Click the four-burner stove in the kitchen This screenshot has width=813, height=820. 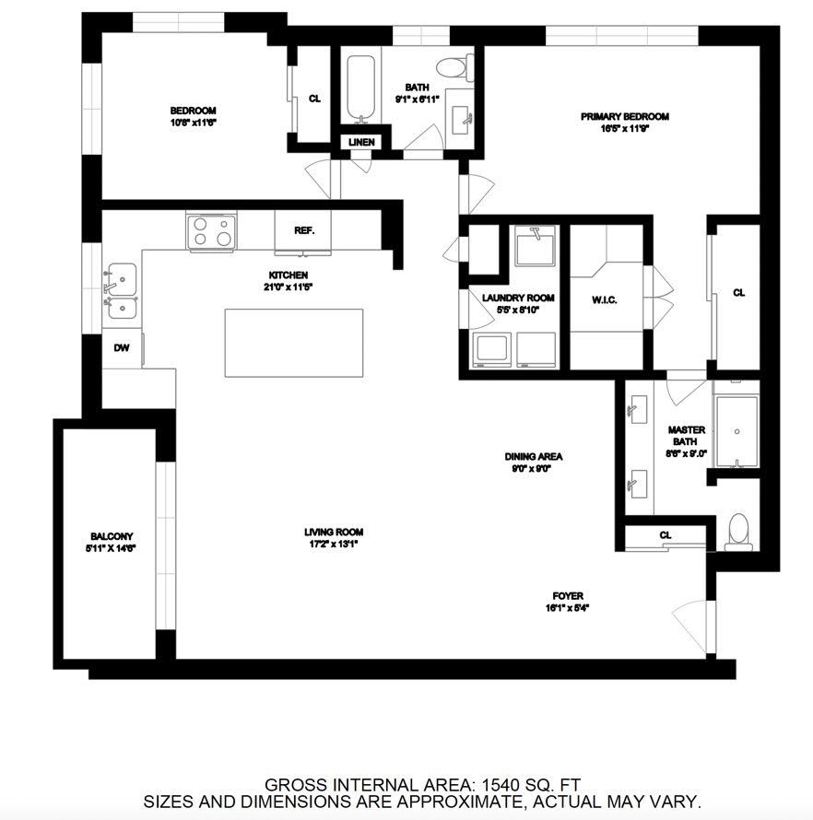point(211,231)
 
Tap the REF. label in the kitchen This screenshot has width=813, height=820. point(304,230)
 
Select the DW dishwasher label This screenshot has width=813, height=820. point(122,347)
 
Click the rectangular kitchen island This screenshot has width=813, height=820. point(293,342)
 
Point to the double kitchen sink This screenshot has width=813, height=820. point(121,291)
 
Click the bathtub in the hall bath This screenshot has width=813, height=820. point(361,89)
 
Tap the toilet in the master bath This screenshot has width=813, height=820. point(738,532)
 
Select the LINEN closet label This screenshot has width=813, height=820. point(361,142)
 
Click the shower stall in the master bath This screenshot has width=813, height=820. point(736,431)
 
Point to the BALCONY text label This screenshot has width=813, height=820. point(112,536)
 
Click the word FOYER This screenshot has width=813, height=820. point(568,596)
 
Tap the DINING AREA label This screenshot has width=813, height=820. point(533,456)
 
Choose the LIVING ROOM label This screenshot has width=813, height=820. point(334,532)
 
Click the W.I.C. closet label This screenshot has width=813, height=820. point(604,300)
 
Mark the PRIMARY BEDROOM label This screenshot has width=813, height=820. point(624,117)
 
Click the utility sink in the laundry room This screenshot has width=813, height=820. point(533,248)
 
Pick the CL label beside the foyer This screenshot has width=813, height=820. point(665,535)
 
